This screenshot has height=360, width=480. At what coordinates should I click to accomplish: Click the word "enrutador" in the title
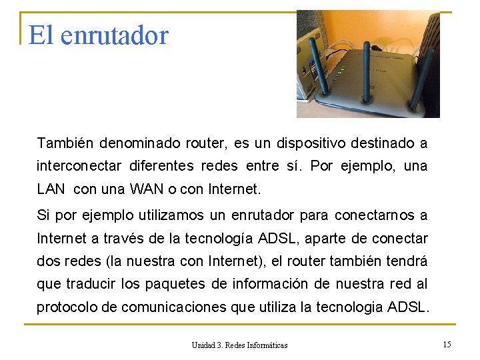point(114,35)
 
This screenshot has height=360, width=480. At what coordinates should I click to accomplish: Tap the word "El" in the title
point(40,35)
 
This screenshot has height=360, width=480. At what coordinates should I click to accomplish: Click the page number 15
point(447,344)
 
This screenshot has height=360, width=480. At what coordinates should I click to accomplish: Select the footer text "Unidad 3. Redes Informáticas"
point(239,345)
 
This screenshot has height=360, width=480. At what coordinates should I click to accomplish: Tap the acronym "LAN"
point(51,189)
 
